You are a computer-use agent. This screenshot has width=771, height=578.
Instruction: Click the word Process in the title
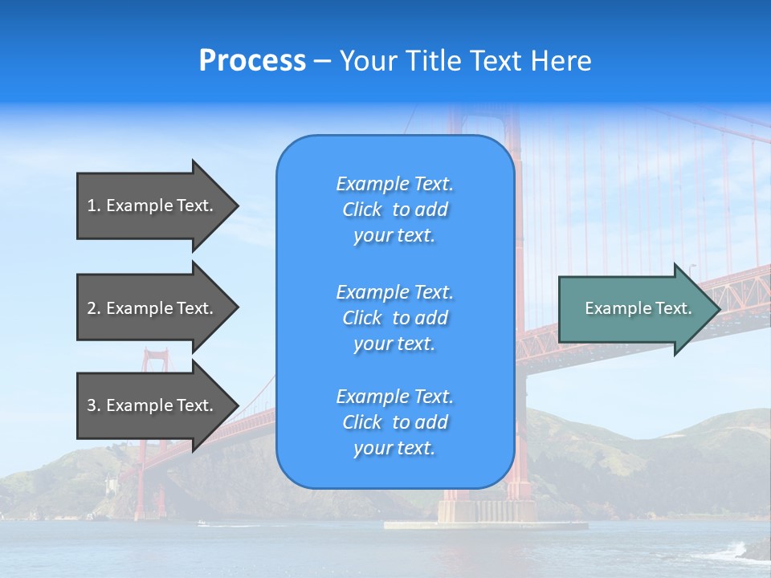(x=252, y=61)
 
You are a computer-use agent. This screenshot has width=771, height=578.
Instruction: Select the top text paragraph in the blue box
(x=394, y=210)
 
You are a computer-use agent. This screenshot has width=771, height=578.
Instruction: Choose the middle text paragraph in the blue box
(x=394, y=318)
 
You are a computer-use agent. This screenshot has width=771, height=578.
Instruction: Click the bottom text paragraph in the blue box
(x=394, y=422)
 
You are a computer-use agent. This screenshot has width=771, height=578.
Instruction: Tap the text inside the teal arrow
(x=638, y=308)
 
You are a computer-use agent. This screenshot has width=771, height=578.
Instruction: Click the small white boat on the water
(x=202, y=523)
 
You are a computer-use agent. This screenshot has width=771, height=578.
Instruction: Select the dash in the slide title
(x=322, y=62)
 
